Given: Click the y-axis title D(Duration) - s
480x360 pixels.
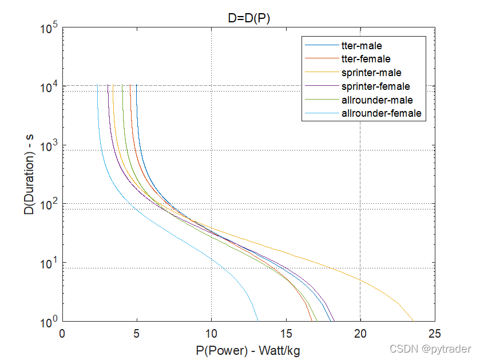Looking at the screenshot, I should tap(27, 174).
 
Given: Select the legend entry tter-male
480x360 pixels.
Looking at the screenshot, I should tap(362, 45).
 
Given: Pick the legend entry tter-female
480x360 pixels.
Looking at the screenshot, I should tap(366, 58).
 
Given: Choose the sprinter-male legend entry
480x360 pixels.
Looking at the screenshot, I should tap(371, 73).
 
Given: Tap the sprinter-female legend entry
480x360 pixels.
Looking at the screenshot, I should tap(375, 86).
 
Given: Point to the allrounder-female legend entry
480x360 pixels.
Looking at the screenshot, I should tap(381, 113).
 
